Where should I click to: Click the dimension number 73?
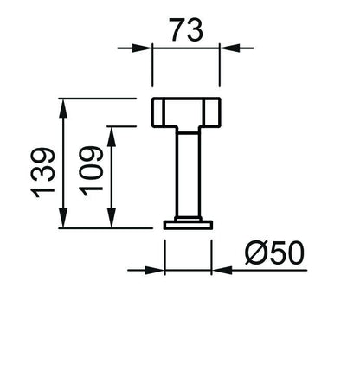(186, 29)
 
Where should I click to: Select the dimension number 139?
(42, 173)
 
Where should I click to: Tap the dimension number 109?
(91, 171)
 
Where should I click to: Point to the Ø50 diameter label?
(274, 253)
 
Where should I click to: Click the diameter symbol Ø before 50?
(256, 253)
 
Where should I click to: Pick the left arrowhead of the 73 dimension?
(142, 48)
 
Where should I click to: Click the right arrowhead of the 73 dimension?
(229, 48)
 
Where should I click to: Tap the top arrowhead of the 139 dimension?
(63, 109)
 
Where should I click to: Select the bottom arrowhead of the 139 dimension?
(63, 218)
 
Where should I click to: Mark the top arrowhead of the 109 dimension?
(112, 137)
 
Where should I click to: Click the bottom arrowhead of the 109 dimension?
(112, 218)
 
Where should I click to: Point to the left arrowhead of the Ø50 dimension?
(155, 271)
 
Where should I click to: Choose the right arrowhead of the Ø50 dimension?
(222, 271)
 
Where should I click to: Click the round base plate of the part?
(188, 225)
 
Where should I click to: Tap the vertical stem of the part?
(189, 174)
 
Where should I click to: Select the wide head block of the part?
(186, 112)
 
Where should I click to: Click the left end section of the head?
(157, 112)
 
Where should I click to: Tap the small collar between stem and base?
(188, 219)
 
